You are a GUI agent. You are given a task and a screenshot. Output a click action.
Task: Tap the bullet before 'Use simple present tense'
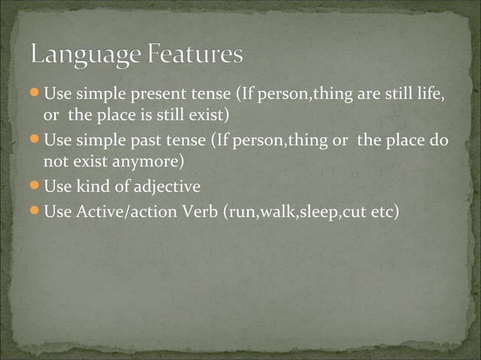pyautogui.click(x=35, y=95)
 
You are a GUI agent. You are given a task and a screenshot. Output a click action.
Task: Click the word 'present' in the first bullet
pyautogui.click(x=155, y=96)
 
